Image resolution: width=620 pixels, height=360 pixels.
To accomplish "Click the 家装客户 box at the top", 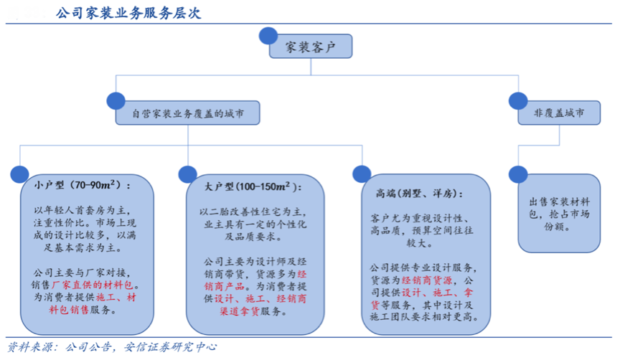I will tap(311, 47).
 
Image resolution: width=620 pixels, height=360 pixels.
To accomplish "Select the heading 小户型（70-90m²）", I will tap(82, 185).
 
